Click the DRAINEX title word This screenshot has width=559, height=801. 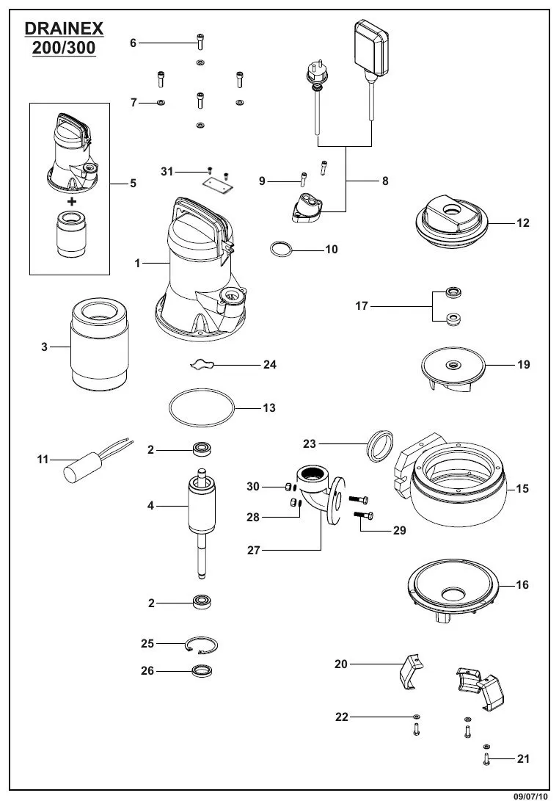tap(64, 29)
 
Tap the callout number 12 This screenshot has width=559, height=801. tap(522, 223)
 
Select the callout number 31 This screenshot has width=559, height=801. tap(167, 171)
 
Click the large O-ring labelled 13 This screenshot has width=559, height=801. tap(201, 408)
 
